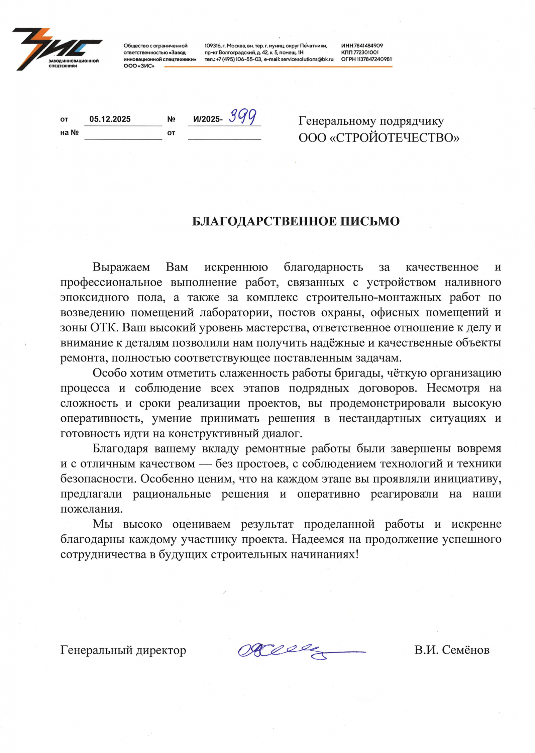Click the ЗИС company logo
(57, 49)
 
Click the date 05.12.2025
(110, 119)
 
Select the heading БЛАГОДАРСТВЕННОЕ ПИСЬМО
(296, 221)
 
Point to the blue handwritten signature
(294, 650)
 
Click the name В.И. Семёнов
(452, 650)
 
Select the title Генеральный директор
(123, 650)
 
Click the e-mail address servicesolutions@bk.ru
(307, 59)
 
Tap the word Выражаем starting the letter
(121, 267)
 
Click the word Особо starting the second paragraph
(109, 373)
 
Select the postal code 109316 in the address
(212, 45)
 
